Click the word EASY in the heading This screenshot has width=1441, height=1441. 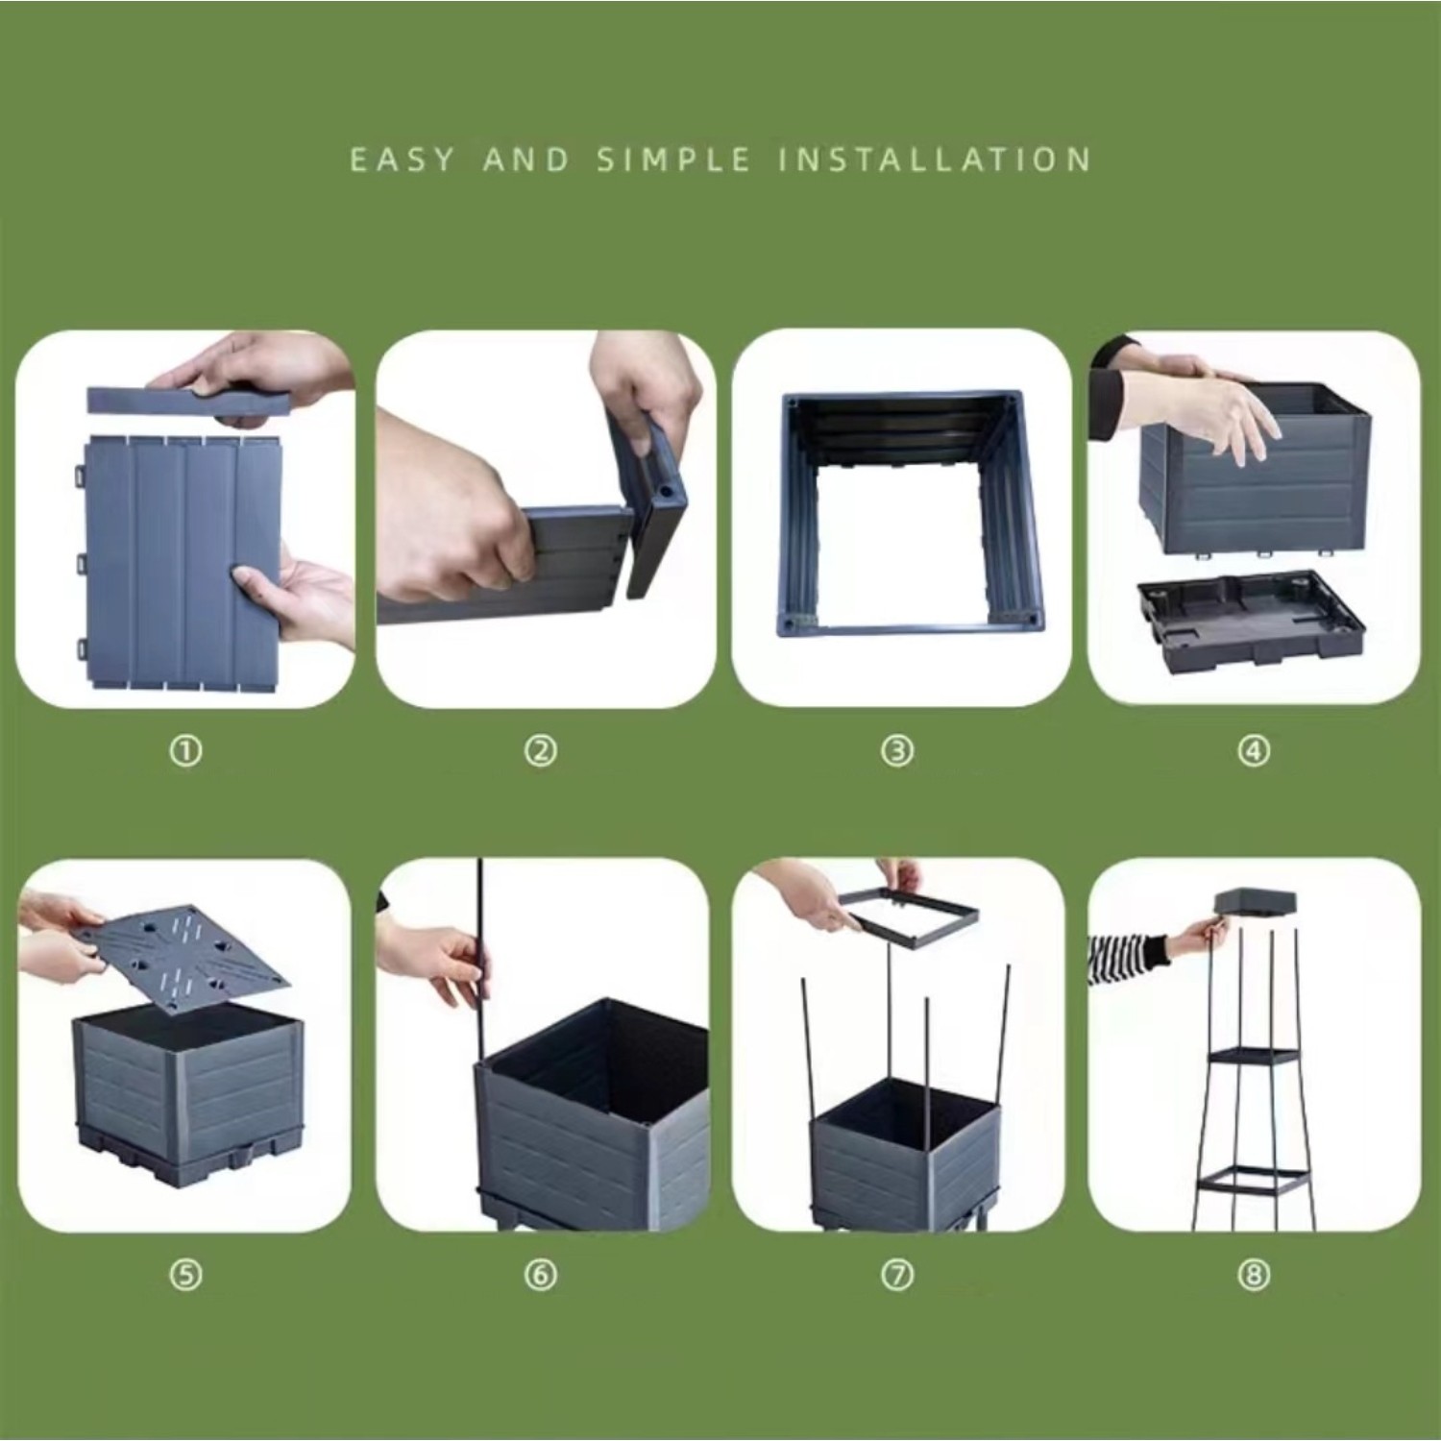(402, 159)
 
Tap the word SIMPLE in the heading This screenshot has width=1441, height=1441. (673, 159)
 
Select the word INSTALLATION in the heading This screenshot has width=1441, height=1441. (934, 159)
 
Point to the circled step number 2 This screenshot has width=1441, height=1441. (541, 750)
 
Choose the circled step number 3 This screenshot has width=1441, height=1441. (897, 750)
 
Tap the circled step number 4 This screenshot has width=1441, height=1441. (1254, 750)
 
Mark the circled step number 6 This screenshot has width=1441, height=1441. (541, 1275)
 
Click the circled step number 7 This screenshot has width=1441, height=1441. (897, 1275)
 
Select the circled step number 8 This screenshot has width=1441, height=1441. (1254, 1275)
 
